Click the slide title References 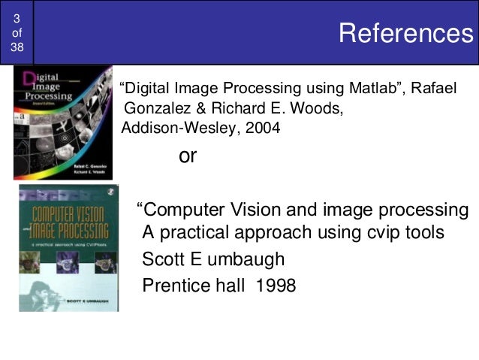point(400,33)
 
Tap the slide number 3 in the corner point(17,17)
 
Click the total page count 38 point(17,47)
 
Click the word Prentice point(177,286)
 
